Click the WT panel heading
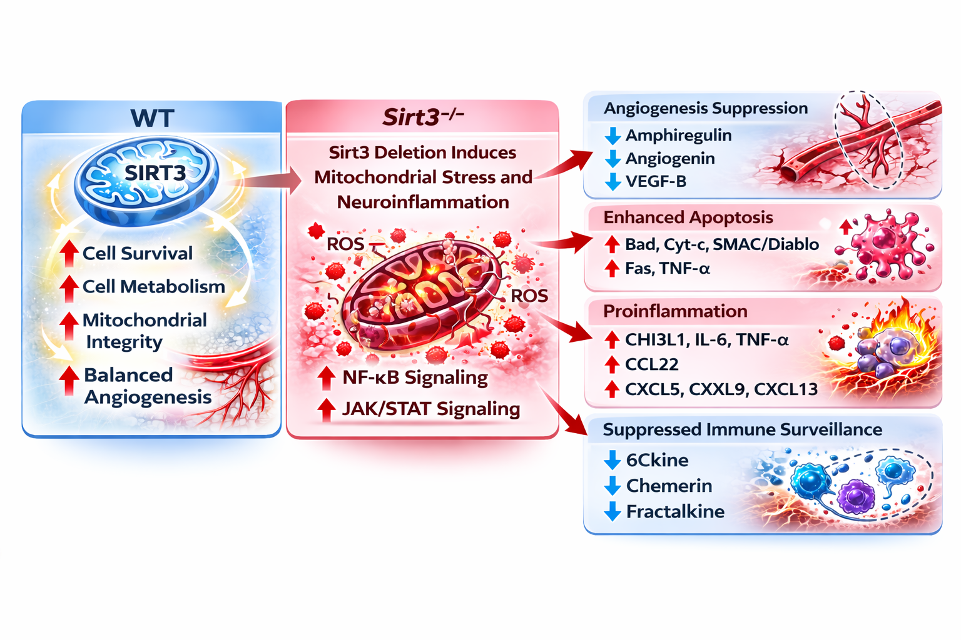click(152, 118)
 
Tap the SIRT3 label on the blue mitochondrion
click(155, 172)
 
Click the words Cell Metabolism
click(154, 286)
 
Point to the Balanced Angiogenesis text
click(148, 386)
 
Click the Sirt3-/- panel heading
click(423, 117)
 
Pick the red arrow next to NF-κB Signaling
click(326, 377)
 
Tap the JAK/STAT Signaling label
click(431, 409)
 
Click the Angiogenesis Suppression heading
click(706, 108)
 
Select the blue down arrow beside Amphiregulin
click(613, 136)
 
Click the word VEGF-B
click(656, 181)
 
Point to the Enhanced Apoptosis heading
click(688, 217)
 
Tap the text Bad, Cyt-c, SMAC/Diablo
click(722, 244)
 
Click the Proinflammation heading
click(675, 311)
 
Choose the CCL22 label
click(652, 364)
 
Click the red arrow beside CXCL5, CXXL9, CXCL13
click(612, 389)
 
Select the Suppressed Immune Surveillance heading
click(743, 429)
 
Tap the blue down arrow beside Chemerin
click(613, 486)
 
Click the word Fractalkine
click(675, 511)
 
